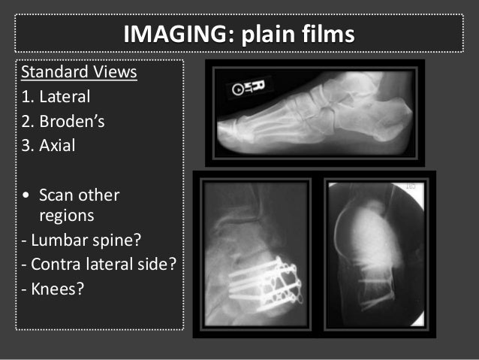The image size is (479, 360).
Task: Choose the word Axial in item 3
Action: (57, 145)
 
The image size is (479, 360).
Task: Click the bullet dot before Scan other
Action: (26, 195)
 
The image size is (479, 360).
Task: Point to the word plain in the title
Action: (265, 35)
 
